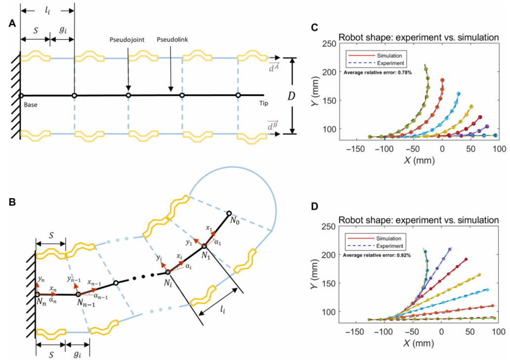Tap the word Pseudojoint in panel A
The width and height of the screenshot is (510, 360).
click(x=127, y=40)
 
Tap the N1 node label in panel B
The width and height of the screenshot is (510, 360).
click(x=210, y=254)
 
